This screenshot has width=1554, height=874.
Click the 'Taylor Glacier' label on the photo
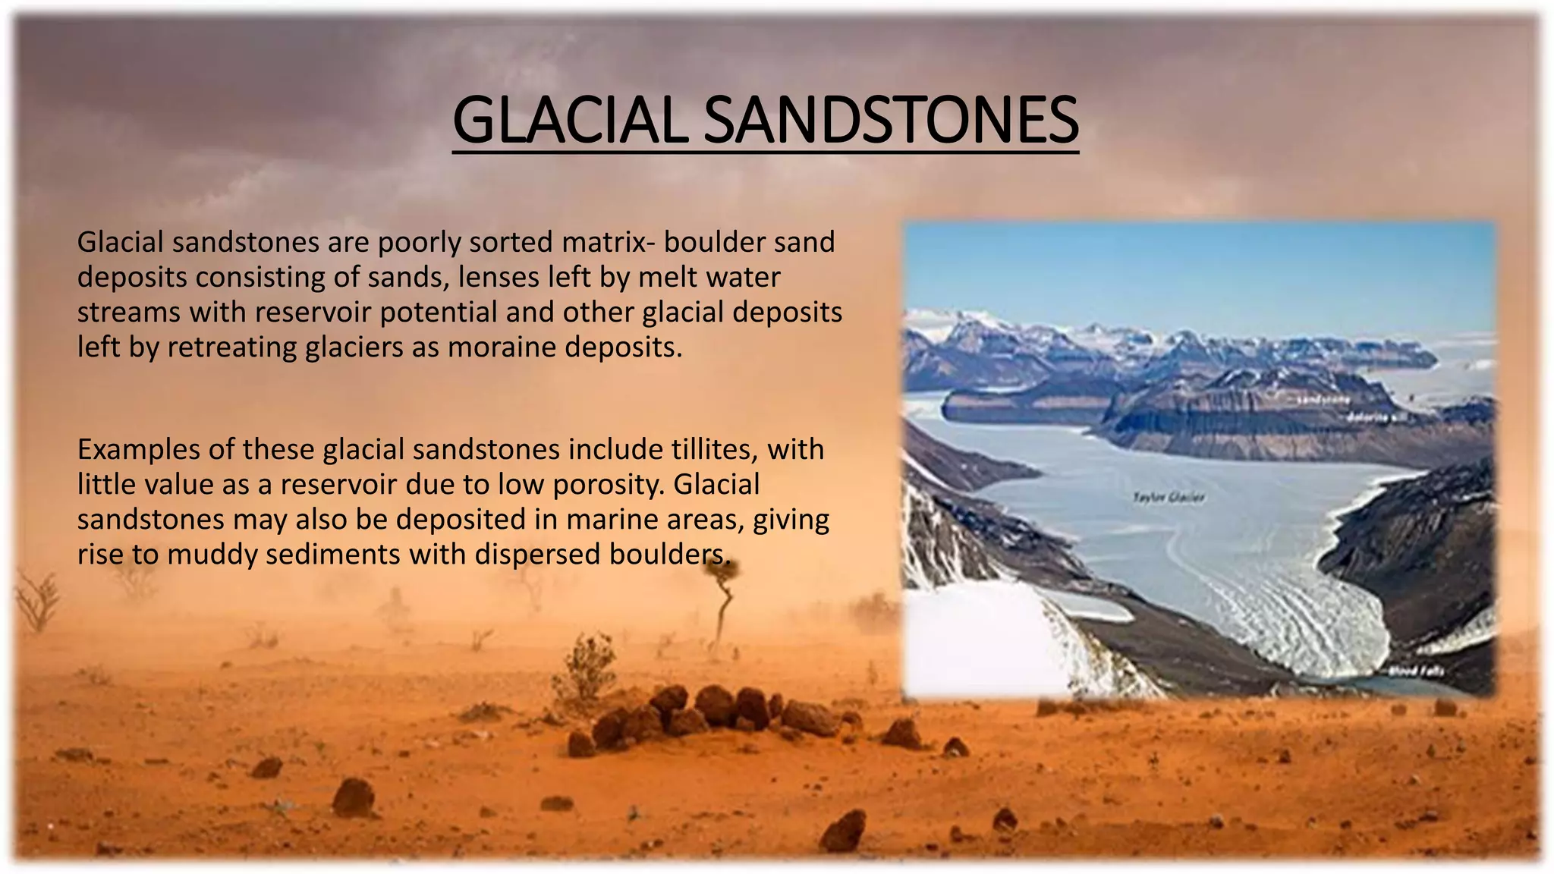pos(1169,498)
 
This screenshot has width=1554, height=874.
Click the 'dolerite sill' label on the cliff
pos(1378,417)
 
